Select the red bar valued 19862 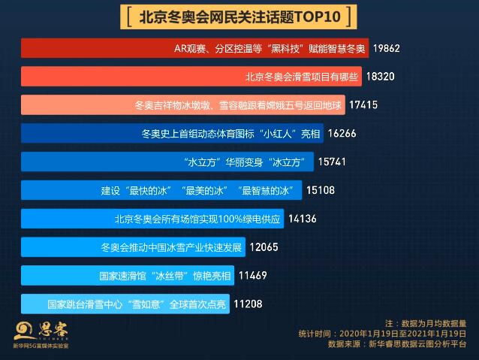[x=195, y=49]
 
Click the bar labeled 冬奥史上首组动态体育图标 [x=173, y=134]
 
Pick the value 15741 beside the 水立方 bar [x=332, y=162]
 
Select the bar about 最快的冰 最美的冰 [x=161, y=190]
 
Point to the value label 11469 [x=253, y=275]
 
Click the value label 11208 [x=248, y=304]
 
